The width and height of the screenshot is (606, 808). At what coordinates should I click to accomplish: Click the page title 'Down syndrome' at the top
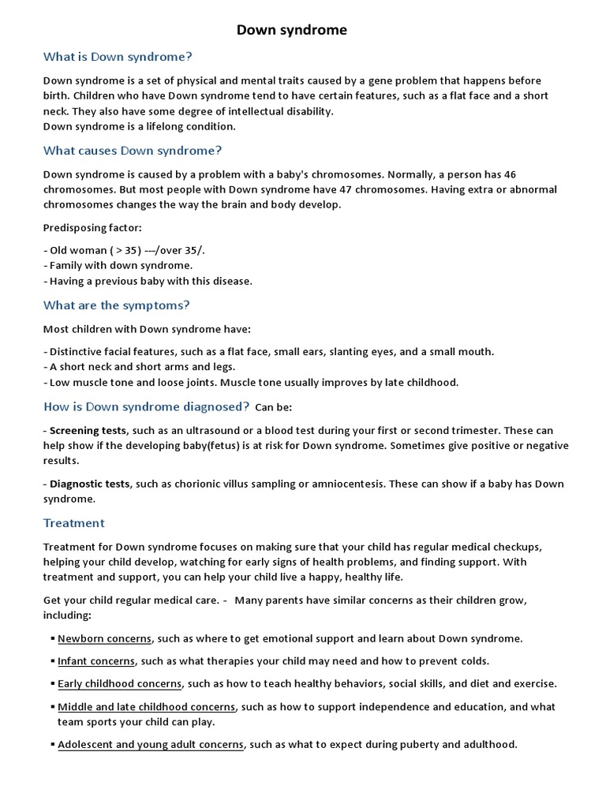click(x=291, y=31)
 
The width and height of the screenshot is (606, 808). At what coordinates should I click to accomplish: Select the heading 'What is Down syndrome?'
click(x=118, y=57)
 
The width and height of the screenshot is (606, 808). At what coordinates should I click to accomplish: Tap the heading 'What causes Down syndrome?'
click(x=133, y=150)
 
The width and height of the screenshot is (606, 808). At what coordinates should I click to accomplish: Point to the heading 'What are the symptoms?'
click(x=116, y=305)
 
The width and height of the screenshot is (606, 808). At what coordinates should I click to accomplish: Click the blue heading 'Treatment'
click(x=73, y=522)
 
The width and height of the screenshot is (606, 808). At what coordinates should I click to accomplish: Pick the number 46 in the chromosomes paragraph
click(x=510, y=174)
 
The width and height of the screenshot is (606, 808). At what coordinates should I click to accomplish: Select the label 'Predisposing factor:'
click(x=92, y=227)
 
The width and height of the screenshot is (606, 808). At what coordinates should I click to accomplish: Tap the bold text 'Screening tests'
click(x=88, y=430)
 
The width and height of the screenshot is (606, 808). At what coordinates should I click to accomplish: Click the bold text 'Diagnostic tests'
click(x=89, y=484)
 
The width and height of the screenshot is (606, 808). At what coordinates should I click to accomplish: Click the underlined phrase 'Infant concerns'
click(x=96, y=660)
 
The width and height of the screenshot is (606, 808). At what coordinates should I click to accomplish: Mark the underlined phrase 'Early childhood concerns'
click(x=119, y=683)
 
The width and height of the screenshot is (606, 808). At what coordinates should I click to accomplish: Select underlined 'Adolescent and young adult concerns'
click(x=151, y=744)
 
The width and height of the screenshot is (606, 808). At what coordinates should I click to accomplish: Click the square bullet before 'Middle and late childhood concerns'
click(x=51, y=706)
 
